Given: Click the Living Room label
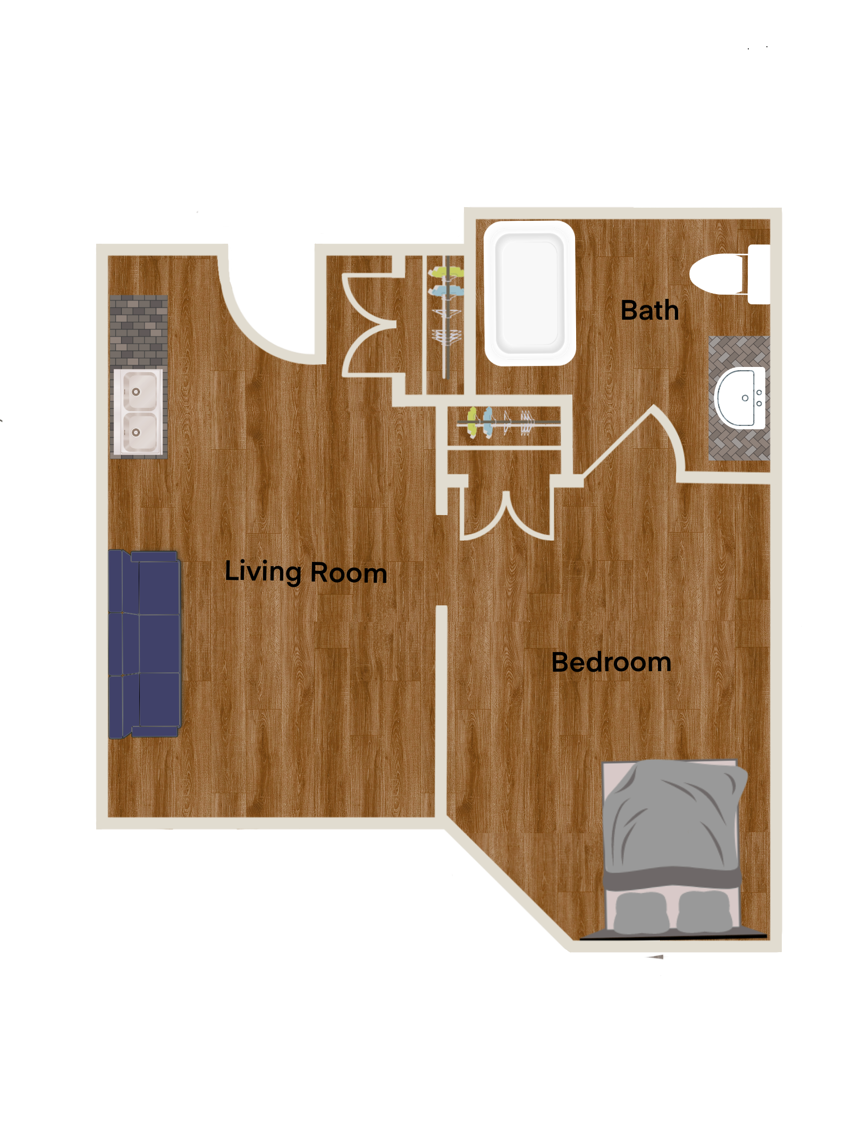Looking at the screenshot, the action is [x=306, y=572].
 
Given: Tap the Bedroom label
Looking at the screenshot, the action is [x=611, y=662].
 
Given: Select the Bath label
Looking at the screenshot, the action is [x=649, y=310].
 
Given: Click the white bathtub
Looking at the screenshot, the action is [x=530, y=293].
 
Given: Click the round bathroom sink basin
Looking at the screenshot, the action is [x=740, y=398].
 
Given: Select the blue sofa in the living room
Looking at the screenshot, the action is [x=145, y=644].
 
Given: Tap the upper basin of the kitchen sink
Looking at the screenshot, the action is [x=140, y=391].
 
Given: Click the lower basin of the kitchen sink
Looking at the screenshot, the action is [x=140, y=432].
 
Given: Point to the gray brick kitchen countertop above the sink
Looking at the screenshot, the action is [x=139, y=331].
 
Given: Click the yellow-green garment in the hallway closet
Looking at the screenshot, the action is [x=446, y=272].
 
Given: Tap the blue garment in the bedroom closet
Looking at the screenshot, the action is [x=488, y=422].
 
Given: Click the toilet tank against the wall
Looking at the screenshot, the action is [x=759, y=274].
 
